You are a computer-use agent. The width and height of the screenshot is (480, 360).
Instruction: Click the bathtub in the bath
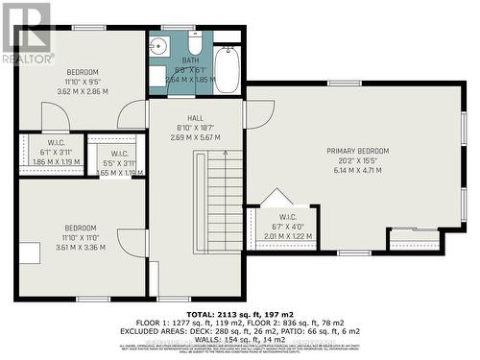tap(227, 70)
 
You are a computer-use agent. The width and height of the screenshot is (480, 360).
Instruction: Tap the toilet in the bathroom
tap(195, 46)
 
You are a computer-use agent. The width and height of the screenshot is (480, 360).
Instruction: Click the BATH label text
tap(190, 60)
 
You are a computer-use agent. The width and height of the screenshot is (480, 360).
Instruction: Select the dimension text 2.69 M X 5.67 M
tap(195, 136)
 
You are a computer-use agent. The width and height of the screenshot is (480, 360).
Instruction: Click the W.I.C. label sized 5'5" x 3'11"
tap(119, 154)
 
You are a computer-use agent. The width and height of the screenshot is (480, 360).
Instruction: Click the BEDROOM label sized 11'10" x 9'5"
tap(82, 72)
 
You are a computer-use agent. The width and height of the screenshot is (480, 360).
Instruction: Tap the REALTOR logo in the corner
tap(27, 32)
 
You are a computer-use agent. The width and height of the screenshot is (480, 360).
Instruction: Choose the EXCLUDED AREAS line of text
tap(240, 330)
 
